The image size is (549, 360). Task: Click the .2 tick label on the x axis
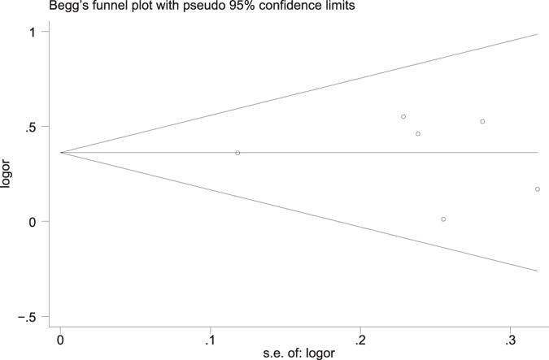click(359, 338)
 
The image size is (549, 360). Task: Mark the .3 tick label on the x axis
click(510, 338)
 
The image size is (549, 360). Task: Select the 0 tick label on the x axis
click(60, 338)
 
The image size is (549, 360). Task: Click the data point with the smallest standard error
click(237, 153)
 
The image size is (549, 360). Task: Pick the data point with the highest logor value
click(403, 116)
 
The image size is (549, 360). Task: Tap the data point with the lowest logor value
click(443, 219)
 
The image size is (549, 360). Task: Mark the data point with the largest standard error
click(538, 189)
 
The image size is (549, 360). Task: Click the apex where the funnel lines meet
click(60, 153)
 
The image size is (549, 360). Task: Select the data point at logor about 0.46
click(418, 133)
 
